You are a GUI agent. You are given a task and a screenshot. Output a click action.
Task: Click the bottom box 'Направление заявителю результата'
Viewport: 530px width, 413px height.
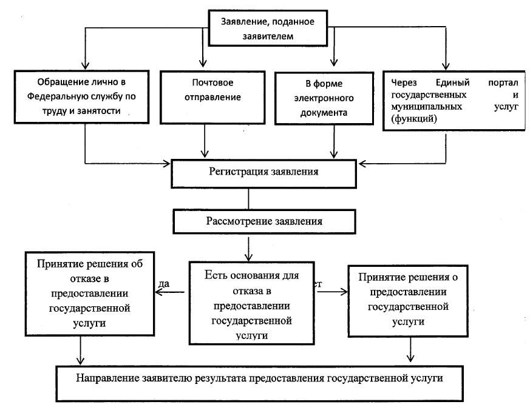click(x=259, y=378)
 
